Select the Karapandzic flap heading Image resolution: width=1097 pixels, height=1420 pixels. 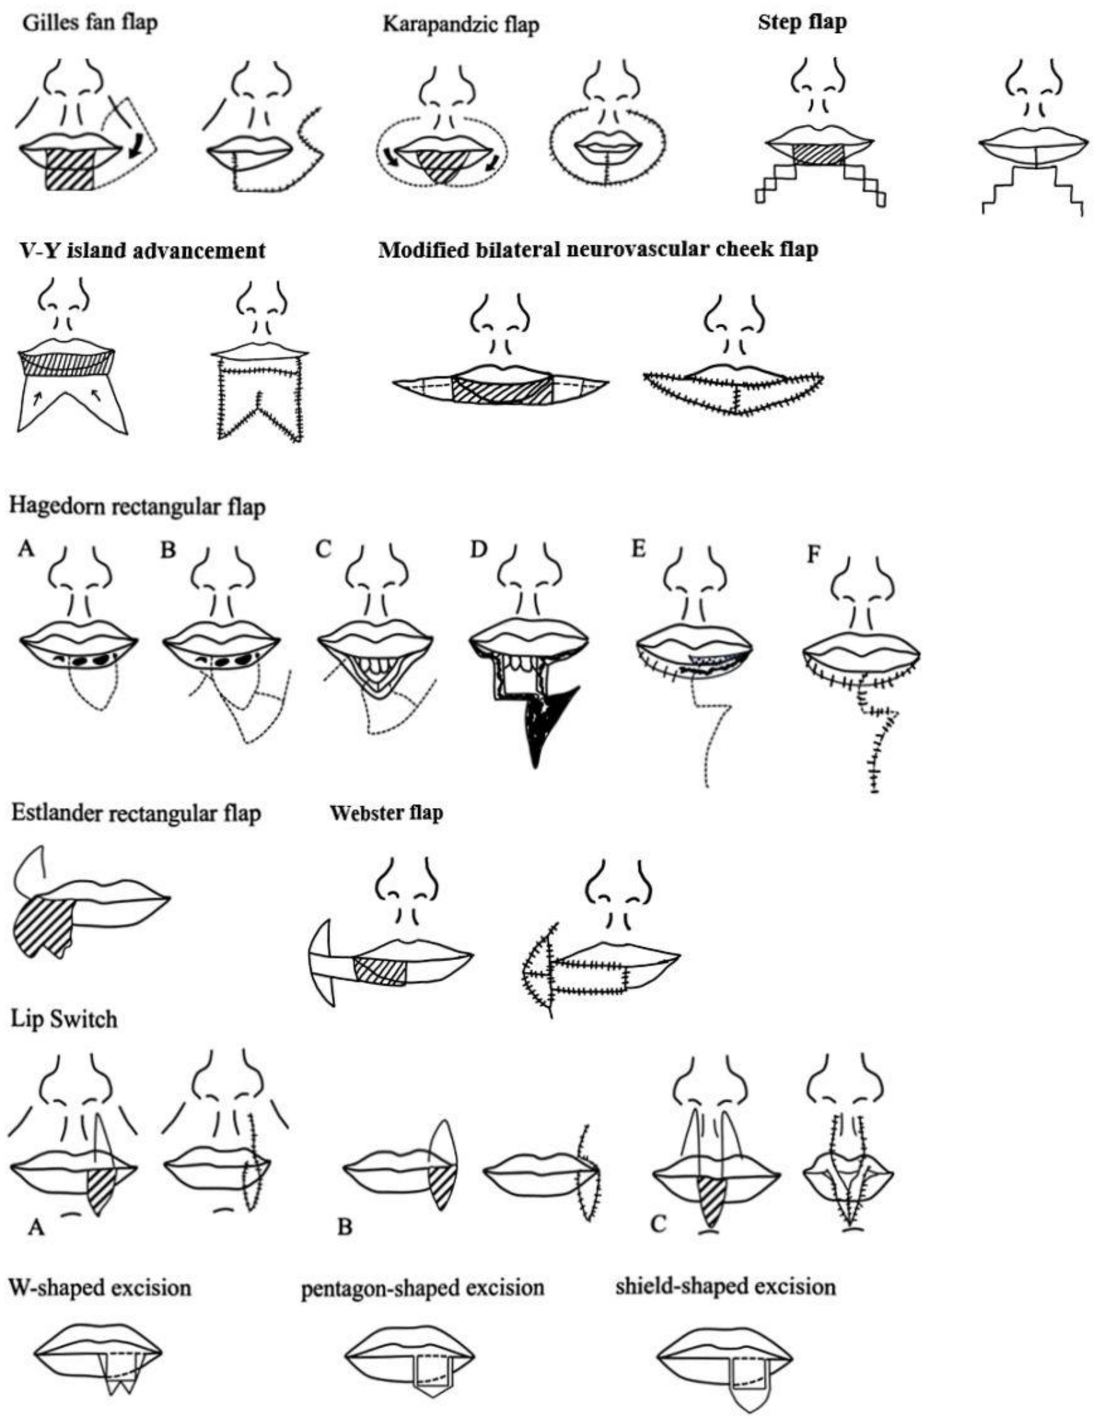coord(461,25)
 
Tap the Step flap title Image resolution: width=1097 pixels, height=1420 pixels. coord(802,22)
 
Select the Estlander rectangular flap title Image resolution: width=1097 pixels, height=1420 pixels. coord(136,813)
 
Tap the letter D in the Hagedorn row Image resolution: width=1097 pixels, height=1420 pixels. coord(478,550)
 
